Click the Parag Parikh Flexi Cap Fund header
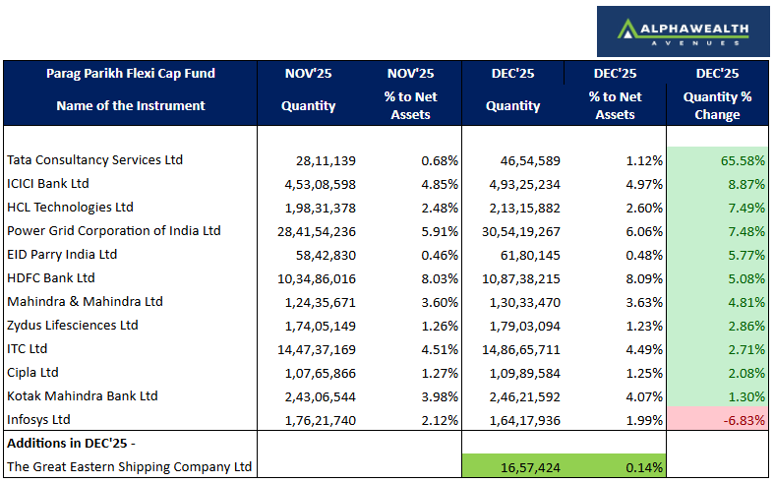click(x=131, y=73)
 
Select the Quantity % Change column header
click(x=717, y=105)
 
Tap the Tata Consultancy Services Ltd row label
click(x=95, y=159)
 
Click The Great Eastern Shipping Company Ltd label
click(x=130, y=467)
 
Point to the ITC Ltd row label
click(x=28, y=348)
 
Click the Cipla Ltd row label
click(x=33, y=372)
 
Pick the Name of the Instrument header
click(x=131, y=105)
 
